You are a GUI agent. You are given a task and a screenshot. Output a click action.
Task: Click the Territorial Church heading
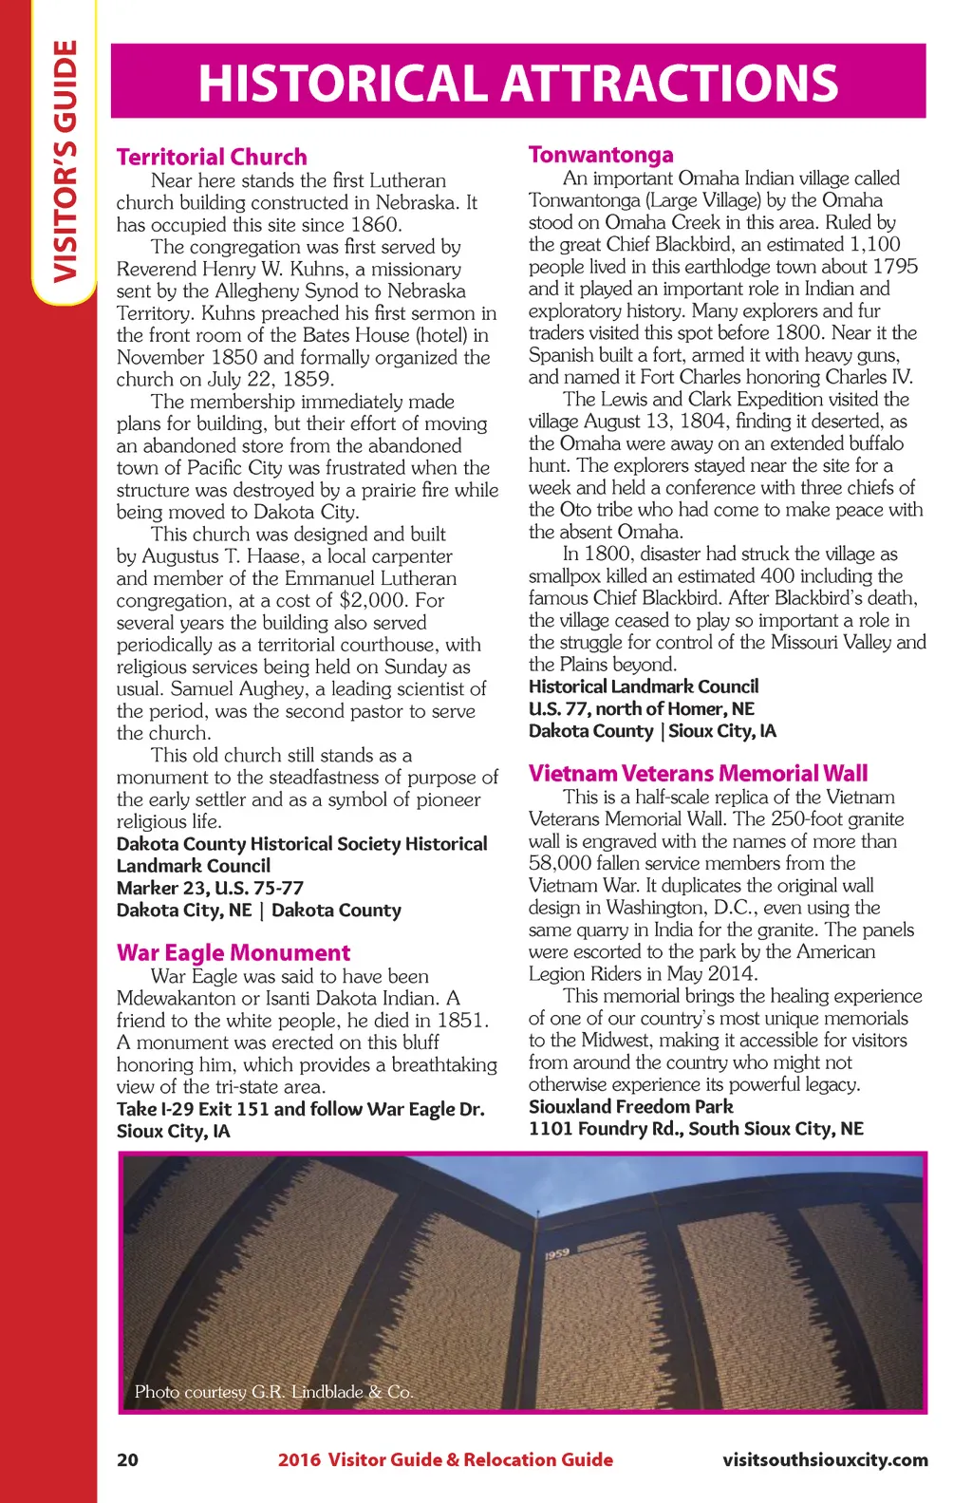click(212, 157)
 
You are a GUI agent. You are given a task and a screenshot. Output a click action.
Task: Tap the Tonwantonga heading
click(601, 155)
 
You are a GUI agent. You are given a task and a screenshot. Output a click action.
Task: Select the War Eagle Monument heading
click(234, 952)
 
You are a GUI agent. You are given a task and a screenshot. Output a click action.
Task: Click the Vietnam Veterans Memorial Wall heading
click(698, 773)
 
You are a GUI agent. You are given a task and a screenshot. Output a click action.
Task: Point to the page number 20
click(127, 1459)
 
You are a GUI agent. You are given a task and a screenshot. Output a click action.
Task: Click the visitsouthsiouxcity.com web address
click(825, 1459)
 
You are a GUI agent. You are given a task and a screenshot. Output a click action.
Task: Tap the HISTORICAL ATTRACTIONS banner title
click(518, 83)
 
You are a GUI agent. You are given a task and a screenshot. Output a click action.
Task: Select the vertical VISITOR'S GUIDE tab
click(65, 161)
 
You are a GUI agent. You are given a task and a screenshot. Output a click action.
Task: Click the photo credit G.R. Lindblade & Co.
click(273, 1391)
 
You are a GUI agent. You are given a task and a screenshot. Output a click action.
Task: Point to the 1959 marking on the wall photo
click(557, 1253)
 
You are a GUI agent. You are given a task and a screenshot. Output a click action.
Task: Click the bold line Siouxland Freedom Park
click(630, 1106)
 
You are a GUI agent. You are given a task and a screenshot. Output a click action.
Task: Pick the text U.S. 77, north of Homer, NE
click(641, 708)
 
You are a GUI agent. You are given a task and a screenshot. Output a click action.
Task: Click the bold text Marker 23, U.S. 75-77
click(210, 888)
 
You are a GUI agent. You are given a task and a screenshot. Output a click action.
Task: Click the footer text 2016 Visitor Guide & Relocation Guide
click(445, 1459)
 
